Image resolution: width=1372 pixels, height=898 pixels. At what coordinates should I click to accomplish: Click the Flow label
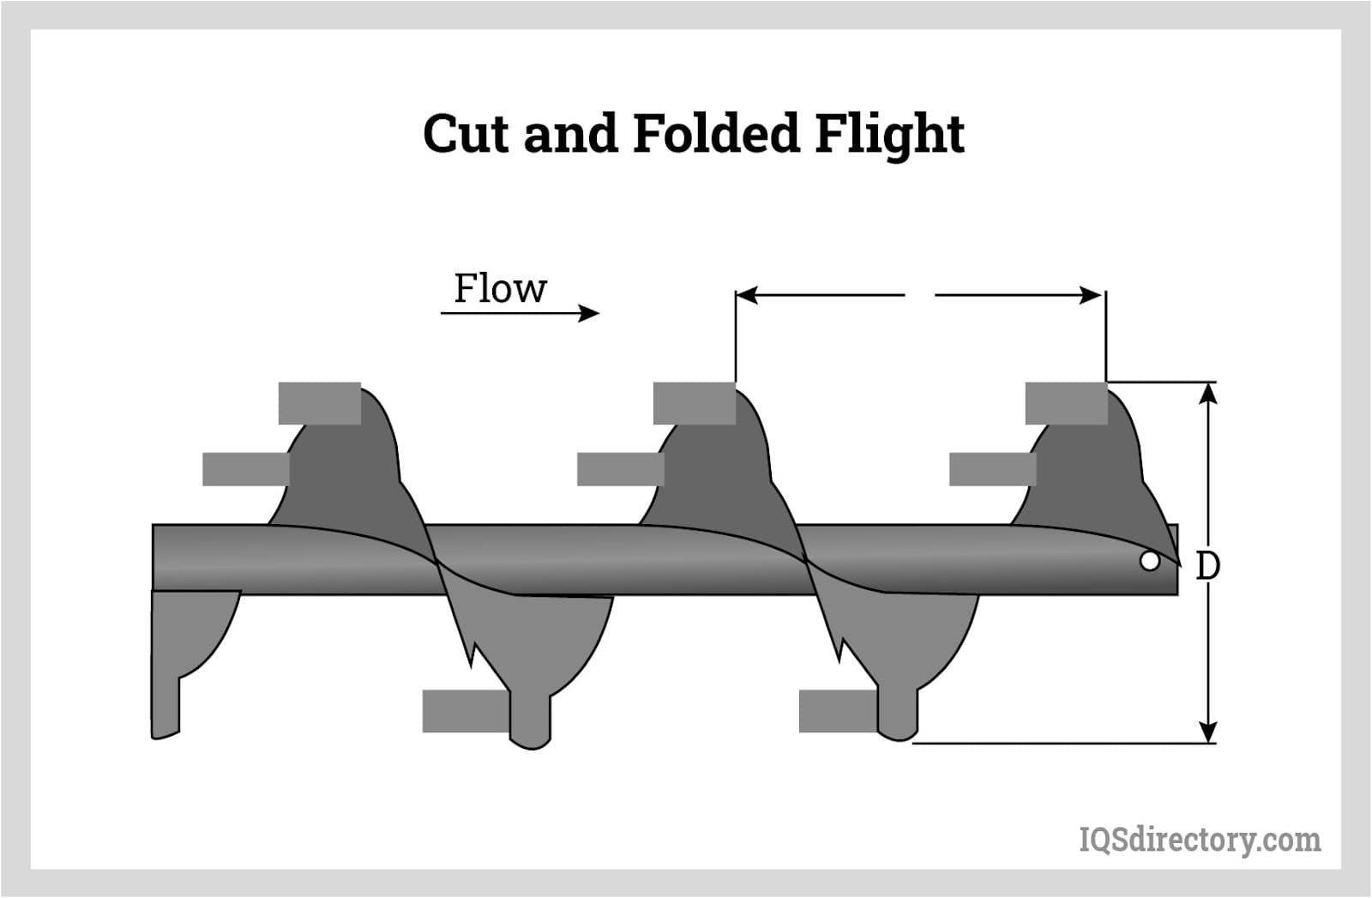[500, 289]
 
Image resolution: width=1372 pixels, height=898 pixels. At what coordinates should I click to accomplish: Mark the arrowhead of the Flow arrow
[590, 313]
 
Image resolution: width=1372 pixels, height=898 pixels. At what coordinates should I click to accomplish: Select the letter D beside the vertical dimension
[1207, 566]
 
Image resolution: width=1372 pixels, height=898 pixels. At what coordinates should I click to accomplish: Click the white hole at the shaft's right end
[1150, 562]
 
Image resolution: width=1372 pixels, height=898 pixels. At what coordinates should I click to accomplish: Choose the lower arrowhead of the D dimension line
[1207, 732]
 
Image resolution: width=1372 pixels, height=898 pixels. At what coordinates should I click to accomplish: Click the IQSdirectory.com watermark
[1200, 840]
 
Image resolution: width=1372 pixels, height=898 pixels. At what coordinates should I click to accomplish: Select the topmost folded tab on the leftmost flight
[319, 403]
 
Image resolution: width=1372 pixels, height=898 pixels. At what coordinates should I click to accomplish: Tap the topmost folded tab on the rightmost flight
[1066, 403]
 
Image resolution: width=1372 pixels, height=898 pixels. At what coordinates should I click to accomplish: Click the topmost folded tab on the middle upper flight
[694, 403]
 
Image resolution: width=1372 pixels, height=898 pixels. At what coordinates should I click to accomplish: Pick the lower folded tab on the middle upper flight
[620, 469]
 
